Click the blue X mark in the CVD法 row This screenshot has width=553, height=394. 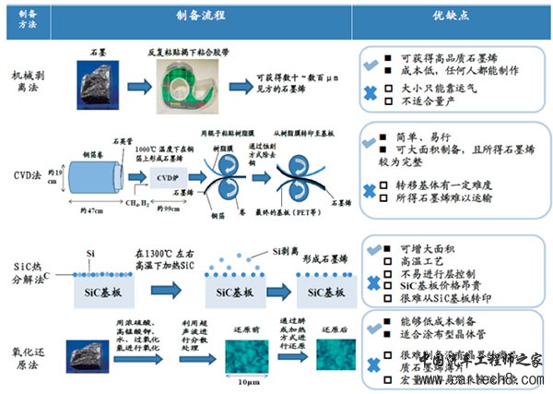pyautogui.click(x=369, y=192)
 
